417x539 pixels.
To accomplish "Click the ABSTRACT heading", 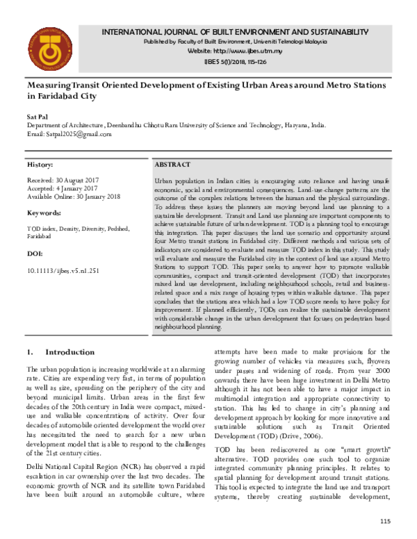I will pos(173,164).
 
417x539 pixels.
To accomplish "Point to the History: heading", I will pos(40,165).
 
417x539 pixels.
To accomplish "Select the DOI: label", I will pos(34,254).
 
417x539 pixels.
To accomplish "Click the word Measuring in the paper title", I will pos(52,85).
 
